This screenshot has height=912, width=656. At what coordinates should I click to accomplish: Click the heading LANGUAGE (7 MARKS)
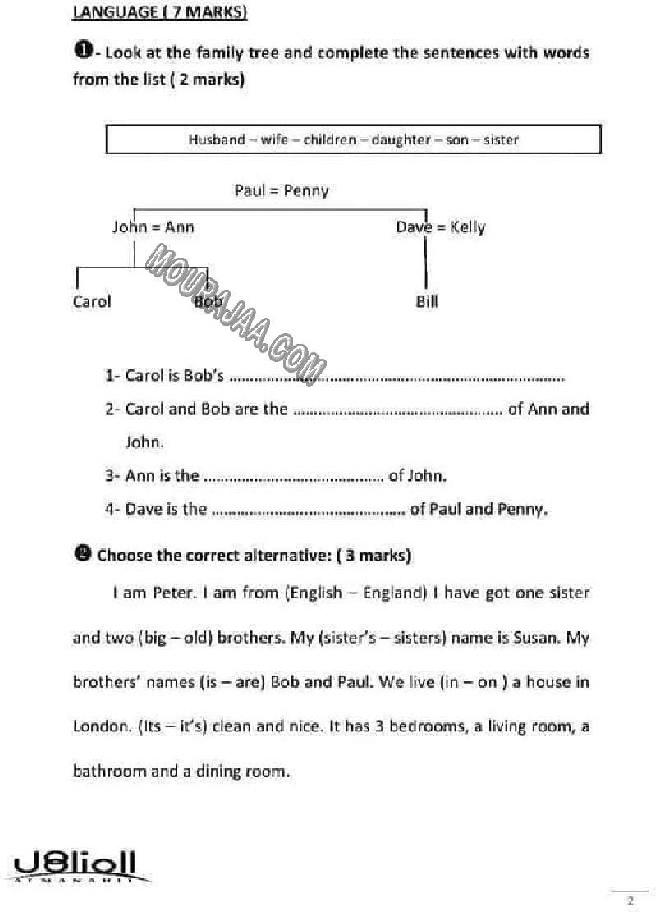tap(160, 12)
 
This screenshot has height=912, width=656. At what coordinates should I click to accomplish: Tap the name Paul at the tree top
tap(250, 190)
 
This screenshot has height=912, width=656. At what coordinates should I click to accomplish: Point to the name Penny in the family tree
tap(306, 191)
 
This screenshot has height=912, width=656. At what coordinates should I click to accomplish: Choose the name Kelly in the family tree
tap(467, 227)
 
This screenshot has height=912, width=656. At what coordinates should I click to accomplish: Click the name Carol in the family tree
tap(92, 301)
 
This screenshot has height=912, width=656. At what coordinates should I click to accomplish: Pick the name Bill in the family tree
tap(427, 301)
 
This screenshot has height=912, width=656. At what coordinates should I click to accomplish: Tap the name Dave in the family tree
tap(413, 227)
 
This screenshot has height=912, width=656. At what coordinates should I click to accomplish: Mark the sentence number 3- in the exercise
tap(113, 475)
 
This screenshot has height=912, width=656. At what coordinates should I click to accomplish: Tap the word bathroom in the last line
tap(109, 771)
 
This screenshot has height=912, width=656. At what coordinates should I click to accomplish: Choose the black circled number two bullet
tap(82, 554)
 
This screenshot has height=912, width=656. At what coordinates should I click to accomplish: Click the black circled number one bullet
tap(82, 51)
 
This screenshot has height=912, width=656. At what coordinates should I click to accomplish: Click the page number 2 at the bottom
tap(630, 901)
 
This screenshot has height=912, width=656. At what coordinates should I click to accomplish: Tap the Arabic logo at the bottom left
tap(76, 866)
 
